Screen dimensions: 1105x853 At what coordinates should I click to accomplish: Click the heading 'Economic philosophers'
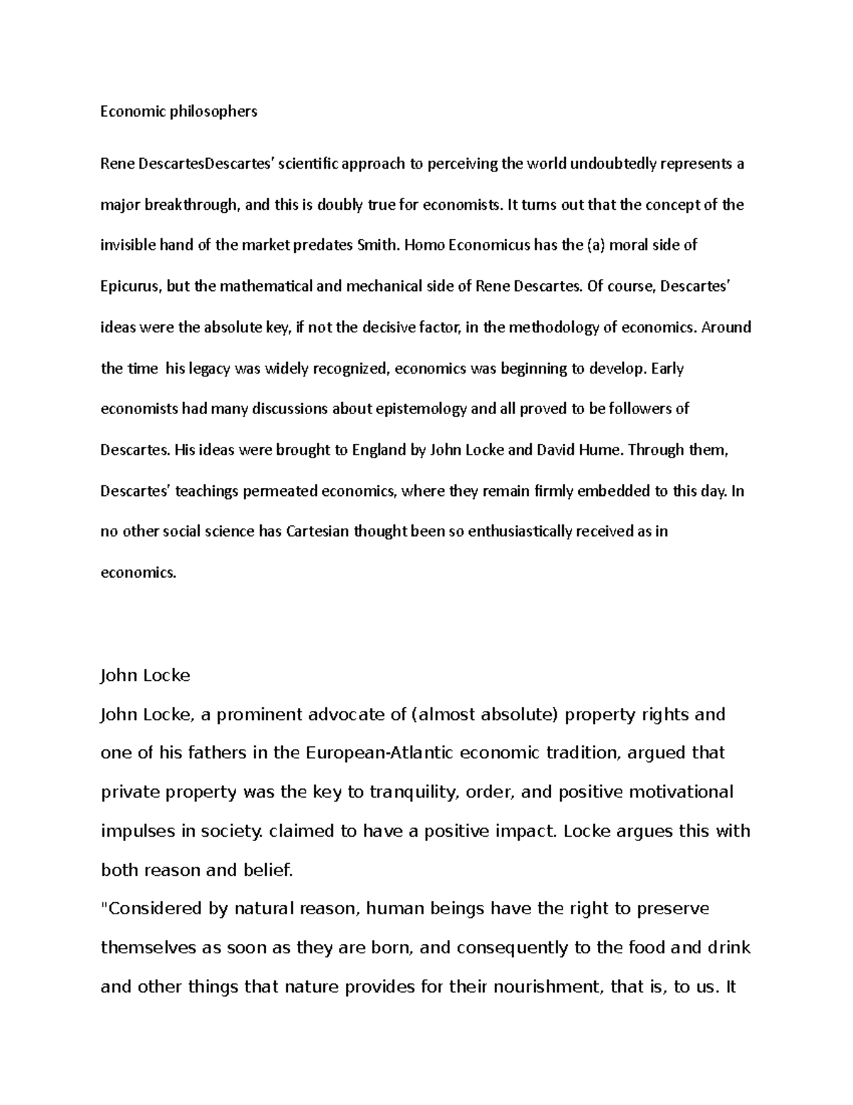pos(178,112)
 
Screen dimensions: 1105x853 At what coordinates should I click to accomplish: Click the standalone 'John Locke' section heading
pos(145,675)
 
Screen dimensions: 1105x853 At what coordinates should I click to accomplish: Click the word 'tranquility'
pos(414,793)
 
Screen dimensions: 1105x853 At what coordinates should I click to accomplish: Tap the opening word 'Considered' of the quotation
pos(152,909)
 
